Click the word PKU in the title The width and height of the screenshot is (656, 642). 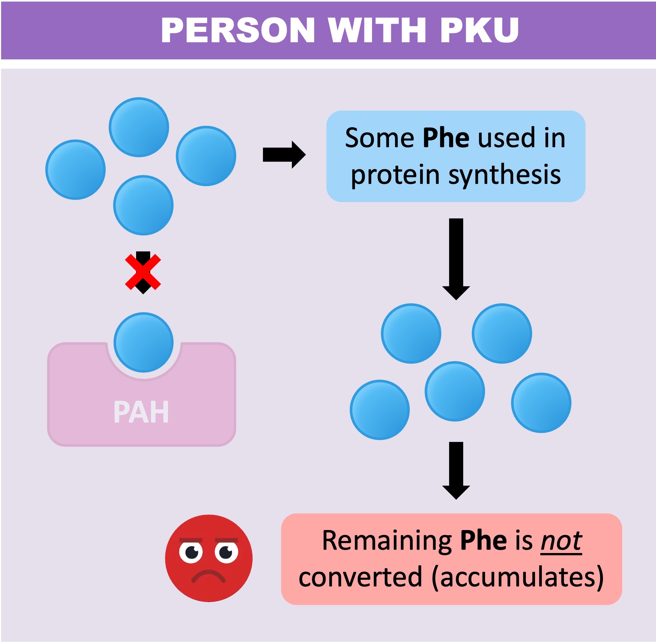click(x=479, y=30)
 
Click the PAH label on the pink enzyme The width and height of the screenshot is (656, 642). click(x=141, y=412)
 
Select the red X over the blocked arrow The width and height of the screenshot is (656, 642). click(x=143, y=272)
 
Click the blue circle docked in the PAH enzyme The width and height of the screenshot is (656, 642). click(x=144, y=342)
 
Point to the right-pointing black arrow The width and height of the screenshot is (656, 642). click(x=284, y=155)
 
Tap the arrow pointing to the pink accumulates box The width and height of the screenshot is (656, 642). click(x=456, y=470)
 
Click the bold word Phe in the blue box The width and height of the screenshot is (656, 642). click(x=446, y=138)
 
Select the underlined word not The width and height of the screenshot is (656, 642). click(x=561, y=541)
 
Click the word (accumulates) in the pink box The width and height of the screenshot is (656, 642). click(x=518, y=578)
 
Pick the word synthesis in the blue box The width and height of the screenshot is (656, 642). click(x=505, y=175)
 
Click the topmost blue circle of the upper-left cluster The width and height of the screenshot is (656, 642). click(x=139, y=127)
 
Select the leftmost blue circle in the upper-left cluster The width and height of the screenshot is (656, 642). click(x=76, y=169)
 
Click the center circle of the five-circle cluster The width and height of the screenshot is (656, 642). click(x=455, y=391)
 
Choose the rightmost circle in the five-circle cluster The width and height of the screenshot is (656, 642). click(x=541, y=403)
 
